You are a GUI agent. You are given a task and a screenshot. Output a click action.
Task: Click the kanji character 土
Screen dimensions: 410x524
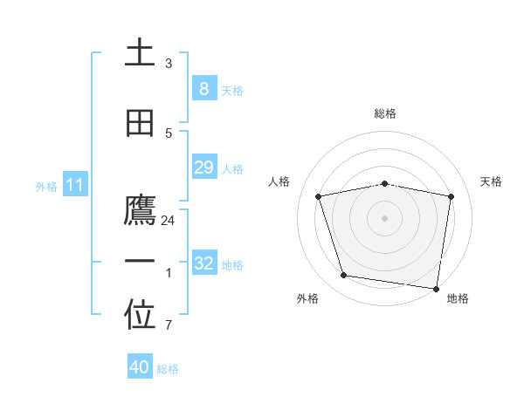[140, 53]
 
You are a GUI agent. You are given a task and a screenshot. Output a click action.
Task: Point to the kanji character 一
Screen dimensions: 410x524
[140, 262]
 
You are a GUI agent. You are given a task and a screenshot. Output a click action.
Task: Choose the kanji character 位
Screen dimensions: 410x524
[140, 317]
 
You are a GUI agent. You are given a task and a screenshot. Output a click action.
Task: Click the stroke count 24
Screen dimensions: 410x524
[169, 221]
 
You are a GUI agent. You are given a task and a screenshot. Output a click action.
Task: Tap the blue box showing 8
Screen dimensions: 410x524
[203, 88]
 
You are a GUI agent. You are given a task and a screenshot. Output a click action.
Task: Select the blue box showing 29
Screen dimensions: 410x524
[203, 167]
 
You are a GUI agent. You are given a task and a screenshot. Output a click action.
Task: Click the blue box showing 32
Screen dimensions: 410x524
[203, 263]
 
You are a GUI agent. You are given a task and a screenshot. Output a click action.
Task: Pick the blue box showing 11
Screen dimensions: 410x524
[74, 185]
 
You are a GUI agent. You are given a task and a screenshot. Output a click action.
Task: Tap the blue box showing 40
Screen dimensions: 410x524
[140, 367]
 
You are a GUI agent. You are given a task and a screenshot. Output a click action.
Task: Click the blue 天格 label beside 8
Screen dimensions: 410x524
[231, 91]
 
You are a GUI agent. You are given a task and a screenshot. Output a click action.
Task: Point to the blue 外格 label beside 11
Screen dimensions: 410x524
[46, 187]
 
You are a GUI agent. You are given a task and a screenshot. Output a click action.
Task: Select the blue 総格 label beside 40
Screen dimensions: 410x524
[168, 369]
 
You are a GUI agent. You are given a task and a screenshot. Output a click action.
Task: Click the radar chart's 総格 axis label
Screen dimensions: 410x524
[384, 113]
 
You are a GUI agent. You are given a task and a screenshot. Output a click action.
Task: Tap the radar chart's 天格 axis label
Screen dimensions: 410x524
[492, 181]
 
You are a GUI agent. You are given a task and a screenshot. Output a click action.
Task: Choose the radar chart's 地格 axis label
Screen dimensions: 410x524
[458, 298]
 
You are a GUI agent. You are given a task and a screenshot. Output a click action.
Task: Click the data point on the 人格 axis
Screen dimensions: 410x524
[319, 196]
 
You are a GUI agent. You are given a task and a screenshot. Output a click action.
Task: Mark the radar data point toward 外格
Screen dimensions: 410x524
[344, 276]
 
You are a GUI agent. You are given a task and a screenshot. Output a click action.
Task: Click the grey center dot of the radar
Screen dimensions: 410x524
[384, 218]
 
